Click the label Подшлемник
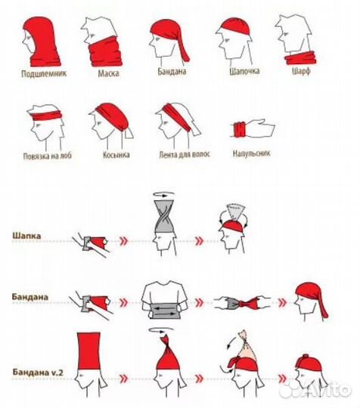[44, 73]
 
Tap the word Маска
[109, 73]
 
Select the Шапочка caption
[244, 71]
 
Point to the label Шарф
[301, 71]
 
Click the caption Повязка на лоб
[48, 156]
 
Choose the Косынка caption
[116, 155]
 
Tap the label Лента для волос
[185, 154]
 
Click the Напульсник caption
[251, 153]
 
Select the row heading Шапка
[26, 236]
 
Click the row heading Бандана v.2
[38, 372]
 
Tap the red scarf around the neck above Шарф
[300, 57]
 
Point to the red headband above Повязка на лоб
[47, 116]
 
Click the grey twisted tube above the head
[164, 217]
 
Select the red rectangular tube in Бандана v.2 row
[88, 351]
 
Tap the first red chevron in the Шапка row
[124, 241]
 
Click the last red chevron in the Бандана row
[283, 302]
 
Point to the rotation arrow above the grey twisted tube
[163, 194]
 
